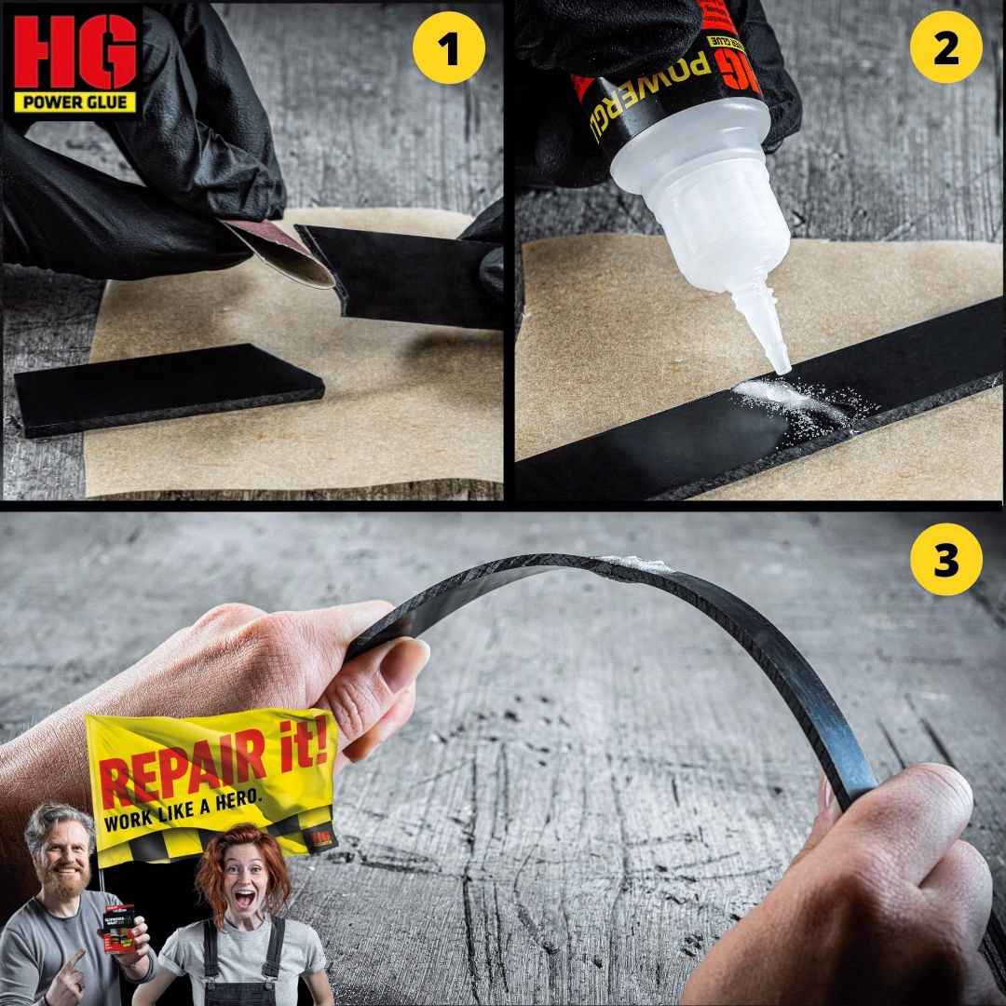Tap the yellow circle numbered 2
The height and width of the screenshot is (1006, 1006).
pos(945,49)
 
